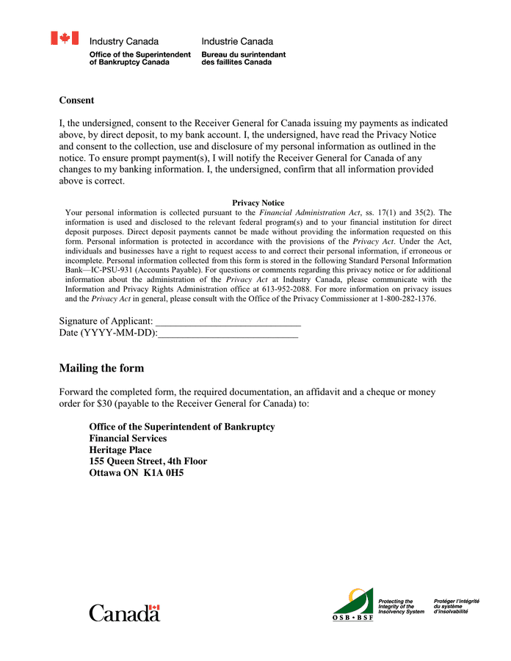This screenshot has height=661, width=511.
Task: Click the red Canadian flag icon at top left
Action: click(65, 38)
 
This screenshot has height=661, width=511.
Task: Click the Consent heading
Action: click(76, 100)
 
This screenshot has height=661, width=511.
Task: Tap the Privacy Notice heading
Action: click(258, 203)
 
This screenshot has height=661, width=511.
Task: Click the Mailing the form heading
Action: click(101, 368)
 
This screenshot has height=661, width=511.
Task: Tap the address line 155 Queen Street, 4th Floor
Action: click(148, 461)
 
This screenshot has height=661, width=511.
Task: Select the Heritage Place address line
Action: click(120, 450)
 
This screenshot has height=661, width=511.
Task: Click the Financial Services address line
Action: click(128, 438)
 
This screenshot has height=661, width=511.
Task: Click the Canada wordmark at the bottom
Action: click(124, 613)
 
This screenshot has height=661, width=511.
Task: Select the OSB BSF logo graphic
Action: click(353, 604)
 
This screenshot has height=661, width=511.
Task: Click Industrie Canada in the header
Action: click(237, 42)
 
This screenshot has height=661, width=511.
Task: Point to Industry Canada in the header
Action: click(123, 42)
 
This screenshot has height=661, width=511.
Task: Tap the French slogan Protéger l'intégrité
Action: click(456, 601)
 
